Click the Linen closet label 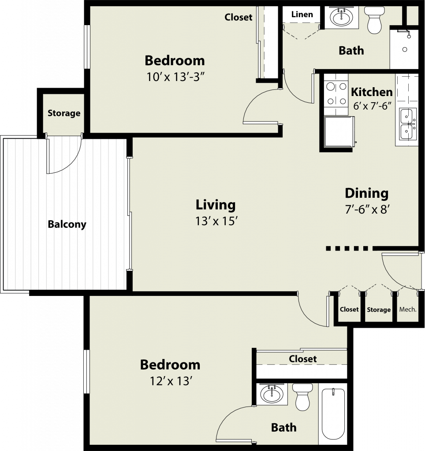pyautogui.click(x=302, y=15)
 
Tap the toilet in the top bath pyautogui.click(x=374, y=20)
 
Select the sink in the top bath pyautogui.click(x=342, y=17)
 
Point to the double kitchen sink pyautogui.click(x=408, y=124)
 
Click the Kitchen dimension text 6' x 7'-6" pyautogui.click(x=373, y=106)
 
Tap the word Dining pyautogui.click(x=366, y=193)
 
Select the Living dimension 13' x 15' pyautogui.click(x=216, y=221)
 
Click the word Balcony pyautogui.click(x=67, y=224)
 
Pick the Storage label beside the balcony pyautogui.click(x=64, y=113)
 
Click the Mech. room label pyautogui.click(x=408, y=310)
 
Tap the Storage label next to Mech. pyautogui.click(x=379, y=310)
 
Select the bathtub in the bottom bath pyautogui.click(x=333, y=414)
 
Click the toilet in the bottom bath pyautogui.click(x=302, y=397)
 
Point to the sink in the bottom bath pyautogui.click(x=272, y=394)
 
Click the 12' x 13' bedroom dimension pyautogui.click(x=171, y=381)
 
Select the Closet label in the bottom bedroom pyautogui.click(x=302, y=359)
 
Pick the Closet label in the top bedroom pyautogui.click(x=239, y=17)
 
